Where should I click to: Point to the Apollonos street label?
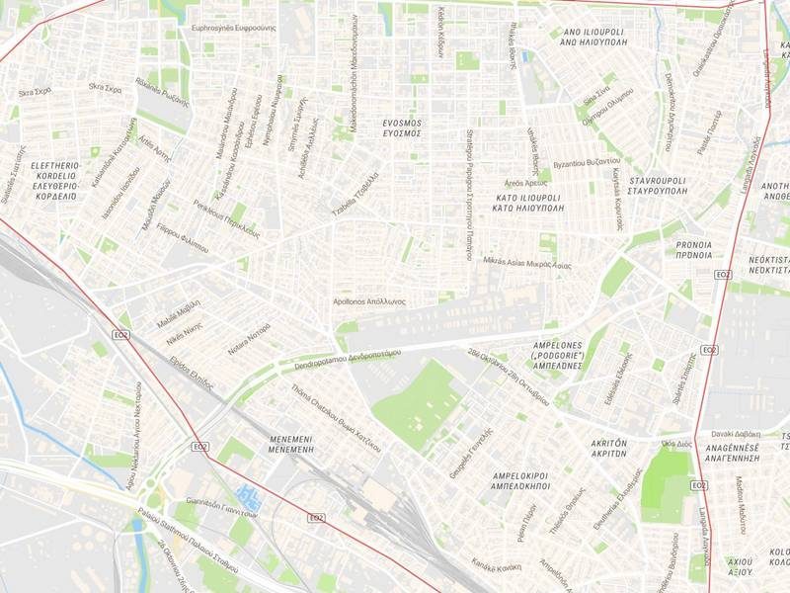369,300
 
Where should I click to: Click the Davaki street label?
735,434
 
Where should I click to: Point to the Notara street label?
249,336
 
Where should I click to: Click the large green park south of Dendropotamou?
419,405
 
